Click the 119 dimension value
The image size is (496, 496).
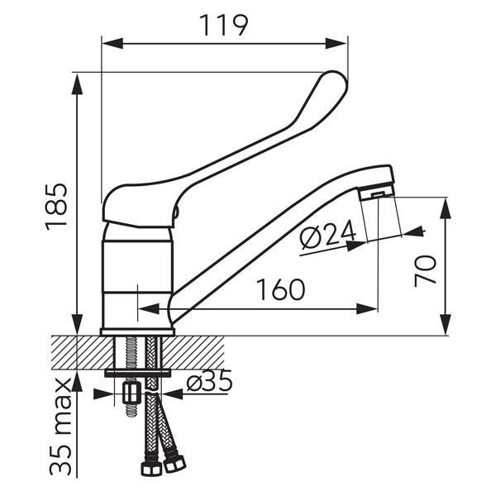click(x=224, y=26)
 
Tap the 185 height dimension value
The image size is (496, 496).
click(x=56, y=207)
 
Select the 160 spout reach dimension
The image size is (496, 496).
click(x=280, y=289)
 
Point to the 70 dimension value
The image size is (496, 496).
click(x=426, y=271)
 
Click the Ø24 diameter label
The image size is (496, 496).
click(x=328, y=234)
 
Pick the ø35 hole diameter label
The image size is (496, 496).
click(x=209, y=380)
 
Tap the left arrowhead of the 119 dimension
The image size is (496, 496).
click(x=112, y=43)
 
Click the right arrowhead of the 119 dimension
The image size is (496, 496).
click(x=336, y=43)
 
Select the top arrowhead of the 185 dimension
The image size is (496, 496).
click(x=77, y=83)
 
